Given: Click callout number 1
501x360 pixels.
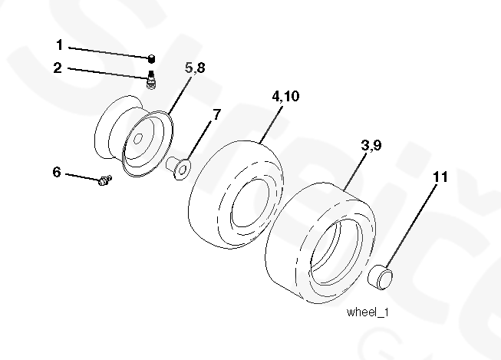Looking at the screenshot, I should coord(60,45).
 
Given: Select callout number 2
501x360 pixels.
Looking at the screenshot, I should coord(58,68).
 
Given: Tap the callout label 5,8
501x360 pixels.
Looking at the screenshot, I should coord(195,68).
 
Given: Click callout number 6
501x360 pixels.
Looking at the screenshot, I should coord(57,172).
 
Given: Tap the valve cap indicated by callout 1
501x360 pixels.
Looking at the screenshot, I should coord(152,58).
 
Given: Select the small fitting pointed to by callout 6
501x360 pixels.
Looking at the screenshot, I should coord(105,180).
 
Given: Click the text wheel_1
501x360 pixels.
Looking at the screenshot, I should coord(368,312).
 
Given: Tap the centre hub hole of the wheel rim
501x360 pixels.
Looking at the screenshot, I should coord(140,140).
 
